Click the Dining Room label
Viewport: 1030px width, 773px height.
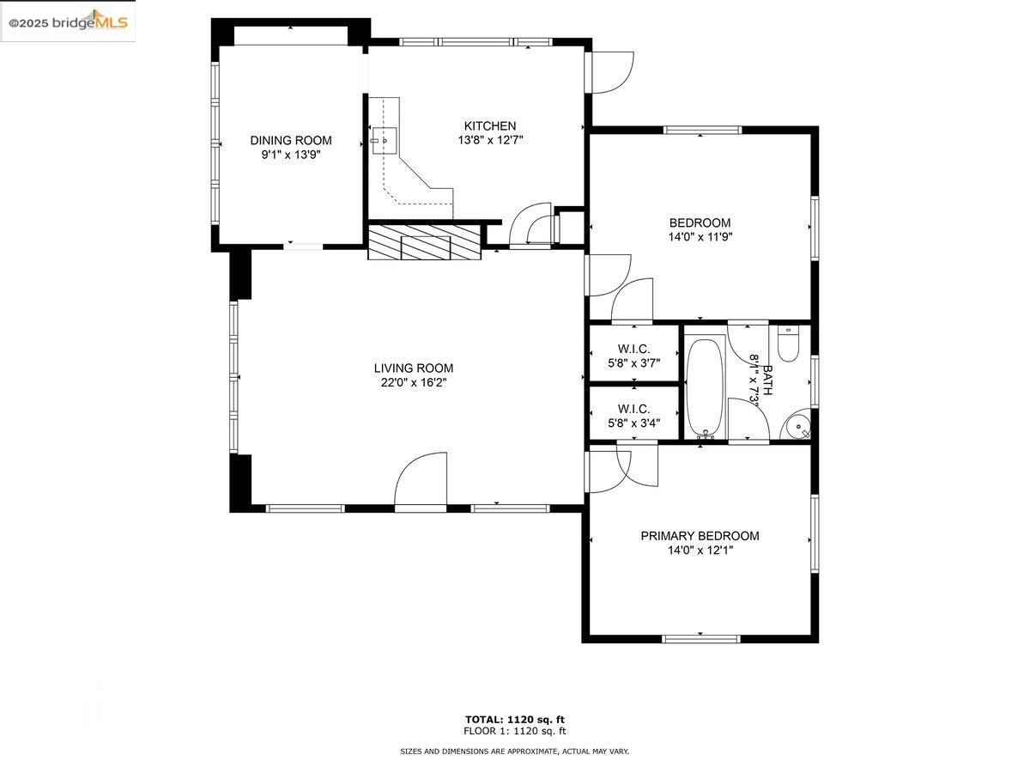(x=290, y=140)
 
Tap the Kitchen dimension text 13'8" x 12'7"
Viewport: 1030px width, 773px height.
(x=490, y=140)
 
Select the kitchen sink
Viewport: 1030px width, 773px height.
(x=385, y=141)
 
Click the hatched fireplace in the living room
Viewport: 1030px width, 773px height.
(x=425, y=242)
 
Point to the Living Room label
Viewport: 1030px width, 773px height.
(x=414, y=368)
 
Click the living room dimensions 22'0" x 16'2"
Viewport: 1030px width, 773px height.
(x=414, y=382)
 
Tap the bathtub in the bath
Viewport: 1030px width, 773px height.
(x=706, y=388)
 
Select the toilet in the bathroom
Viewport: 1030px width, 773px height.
(x=788, y=344)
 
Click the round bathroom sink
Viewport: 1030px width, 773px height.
(x=796, y=425)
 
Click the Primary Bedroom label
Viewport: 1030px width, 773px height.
(x=700, y=535)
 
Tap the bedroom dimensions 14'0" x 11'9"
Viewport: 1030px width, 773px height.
(x=700, y=236)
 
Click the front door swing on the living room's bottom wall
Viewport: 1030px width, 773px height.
(x=421, y=479)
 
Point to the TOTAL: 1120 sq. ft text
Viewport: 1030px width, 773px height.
(x=515, y=720)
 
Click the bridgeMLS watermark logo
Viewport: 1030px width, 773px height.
(x=68, y=21)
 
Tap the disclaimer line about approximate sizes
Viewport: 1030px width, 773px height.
(x=514, y=752)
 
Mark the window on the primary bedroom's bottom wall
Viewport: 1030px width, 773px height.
(x=700, y=638)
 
